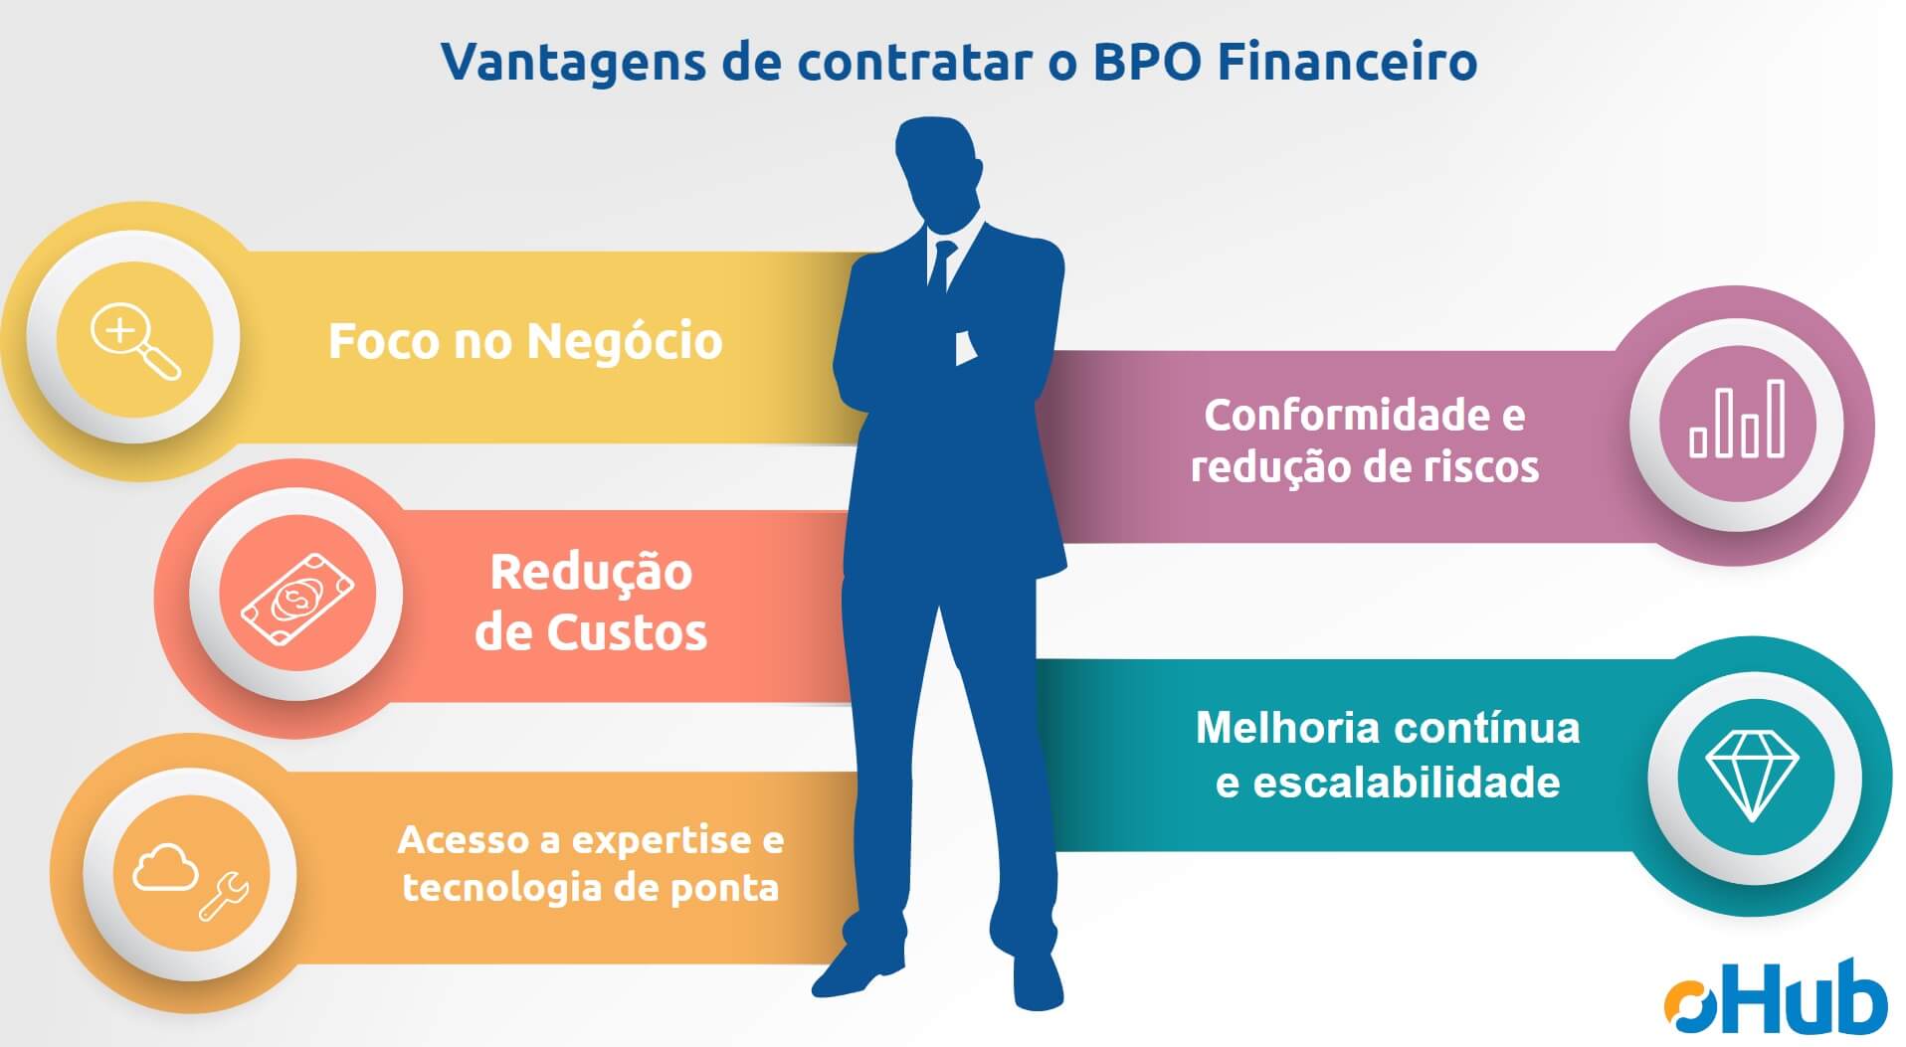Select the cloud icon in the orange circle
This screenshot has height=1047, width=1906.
(x=165, y=866)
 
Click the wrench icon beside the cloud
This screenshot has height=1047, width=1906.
(x=225, y=896)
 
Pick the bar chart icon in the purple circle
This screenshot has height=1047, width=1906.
(x=1737, y=419)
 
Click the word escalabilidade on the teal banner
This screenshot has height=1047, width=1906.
(x=1407, y=783)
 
